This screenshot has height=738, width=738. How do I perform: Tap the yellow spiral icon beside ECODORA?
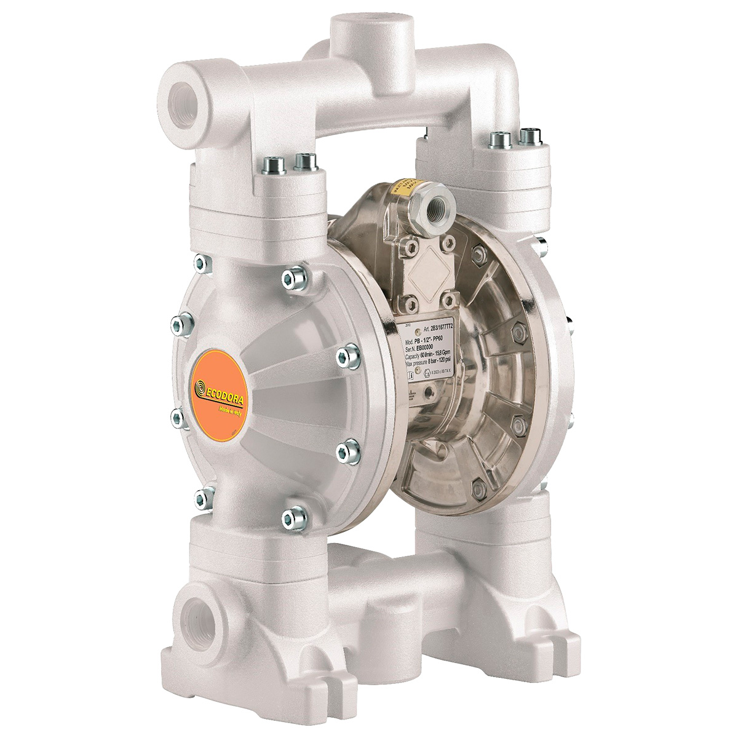(x=200, y=387)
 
